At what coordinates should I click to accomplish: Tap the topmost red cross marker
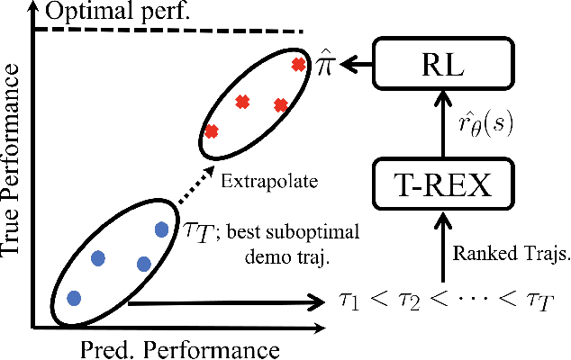[x=298, y=64]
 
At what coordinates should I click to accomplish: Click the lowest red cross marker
[x=212, y=131]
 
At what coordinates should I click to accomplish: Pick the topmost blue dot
[x=161, y=229]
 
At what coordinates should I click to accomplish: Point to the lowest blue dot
[x=74, y=297]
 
